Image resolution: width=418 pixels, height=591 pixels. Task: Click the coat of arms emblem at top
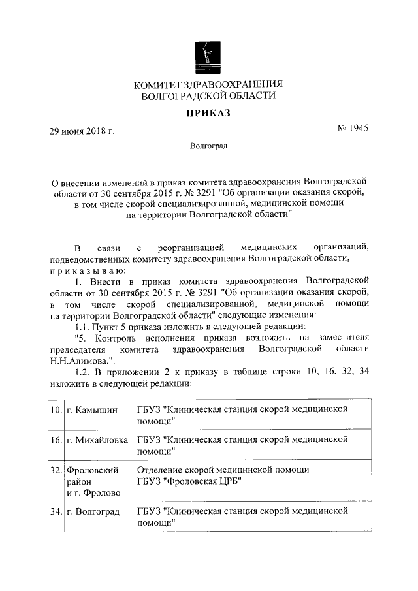click(208, 56)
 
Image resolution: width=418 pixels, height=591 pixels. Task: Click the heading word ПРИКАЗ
click(208, 113)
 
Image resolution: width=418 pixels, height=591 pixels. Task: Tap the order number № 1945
click(352, 129)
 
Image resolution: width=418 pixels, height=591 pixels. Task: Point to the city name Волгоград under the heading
click(209, 146)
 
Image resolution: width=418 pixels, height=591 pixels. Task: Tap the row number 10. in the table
click(57, 409)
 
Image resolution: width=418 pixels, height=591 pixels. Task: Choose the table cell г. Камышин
click(92, 409)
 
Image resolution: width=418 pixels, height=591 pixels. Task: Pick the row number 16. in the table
click(57, 441)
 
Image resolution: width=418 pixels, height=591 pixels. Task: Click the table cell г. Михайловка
click(99, 441)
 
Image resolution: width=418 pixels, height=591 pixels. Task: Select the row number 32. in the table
click(57, 470)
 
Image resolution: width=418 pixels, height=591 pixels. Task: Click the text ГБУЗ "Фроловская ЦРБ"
click(189, 481)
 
